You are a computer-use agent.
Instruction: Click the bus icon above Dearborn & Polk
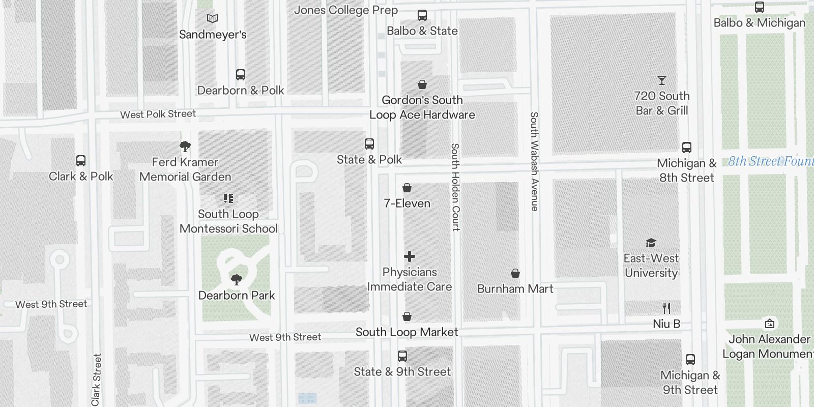241,75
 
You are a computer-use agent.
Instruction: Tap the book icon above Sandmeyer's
213,19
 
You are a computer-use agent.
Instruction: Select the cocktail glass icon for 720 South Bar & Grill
661,80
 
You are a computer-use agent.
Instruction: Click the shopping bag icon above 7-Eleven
407,188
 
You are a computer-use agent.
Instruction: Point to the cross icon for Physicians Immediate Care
410,256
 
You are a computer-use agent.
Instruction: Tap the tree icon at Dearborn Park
236,279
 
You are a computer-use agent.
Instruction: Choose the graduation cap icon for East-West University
651,243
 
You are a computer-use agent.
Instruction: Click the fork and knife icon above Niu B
666,308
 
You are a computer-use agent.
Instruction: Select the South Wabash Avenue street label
534,161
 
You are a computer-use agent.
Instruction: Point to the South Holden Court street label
455,187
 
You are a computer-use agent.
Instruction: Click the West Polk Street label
158,114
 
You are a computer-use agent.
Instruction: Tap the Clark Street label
96,379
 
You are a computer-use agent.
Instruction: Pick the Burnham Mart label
515,289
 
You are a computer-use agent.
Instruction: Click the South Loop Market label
406,332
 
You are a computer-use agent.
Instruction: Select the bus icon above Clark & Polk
80,161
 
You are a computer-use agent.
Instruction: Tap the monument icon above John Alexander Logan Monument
769,324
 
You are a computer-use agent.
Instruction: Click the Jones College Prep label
346,10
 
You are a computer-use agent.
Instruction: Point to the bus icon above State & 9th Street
402,356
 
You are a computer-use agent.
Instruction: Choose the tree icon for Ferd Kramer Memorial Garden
185,147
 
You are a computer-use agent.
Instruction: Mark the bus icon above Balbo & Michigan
759,7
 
